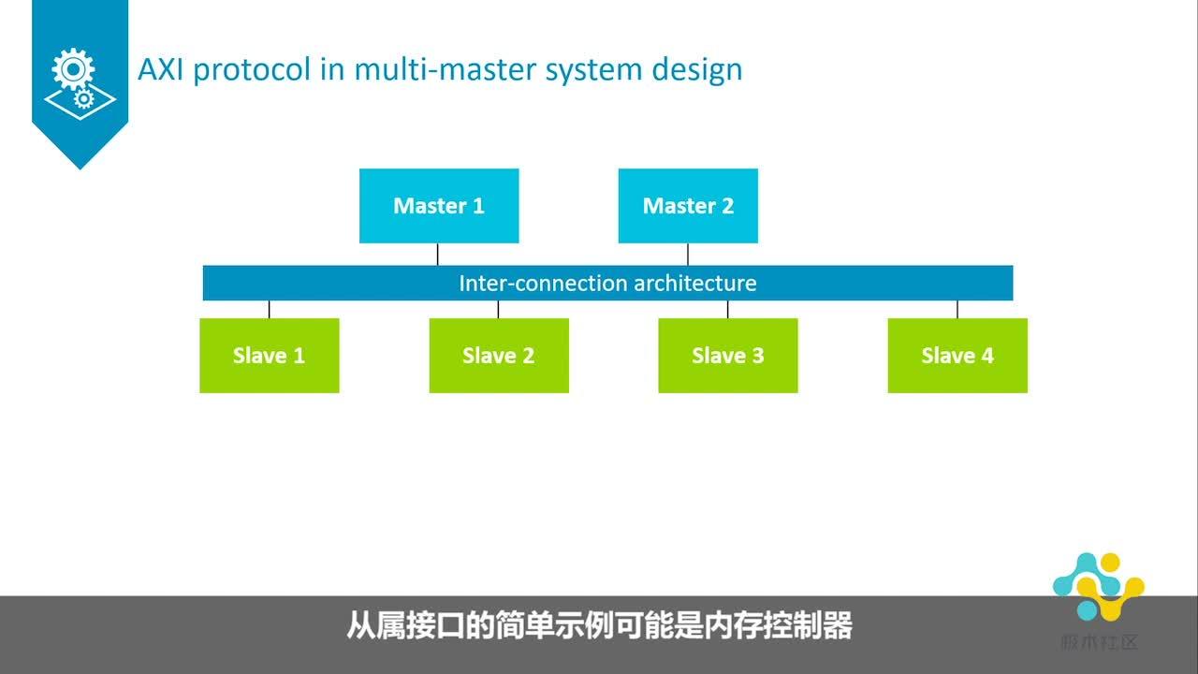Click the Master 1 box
438,206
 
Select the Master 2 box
688,206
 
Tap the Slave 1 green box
269,356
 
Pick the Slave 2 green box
498,356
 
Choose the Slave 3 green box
727,356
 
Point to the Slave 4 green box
957,356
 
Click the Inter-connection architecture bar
607,283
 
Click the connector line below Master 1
438,255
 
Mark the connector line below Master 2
688,255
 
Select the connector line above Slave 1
270,309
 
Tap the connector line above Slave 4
957,309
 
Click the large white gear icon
73,70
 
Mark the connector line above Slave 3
728,309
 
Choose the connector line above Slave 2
498,309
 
